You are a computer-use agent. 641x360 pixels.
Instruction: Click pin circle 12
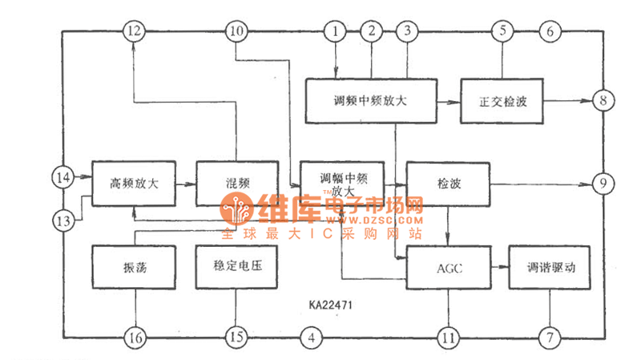coord(133,32)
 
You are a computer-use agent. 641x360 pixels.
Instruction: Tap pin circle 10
coord(236,32)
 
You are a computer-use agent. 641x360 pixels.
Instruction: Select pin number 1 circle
coord(334,32)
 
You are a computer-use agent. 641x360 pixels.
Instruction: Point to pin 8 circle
coord(602,101)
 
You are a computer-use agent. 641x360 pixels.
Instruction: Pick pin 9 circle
coord(602,184)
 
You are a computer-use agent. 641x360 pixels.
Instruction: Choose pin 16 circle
coord(134,338)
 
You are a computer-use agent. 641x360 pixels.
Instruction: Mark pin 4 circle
coord(312,338)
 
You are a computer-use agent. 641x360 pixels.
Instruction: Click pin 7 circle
coord(550,338)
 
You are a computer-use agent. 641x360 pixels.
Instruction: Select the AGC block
coord(446,267)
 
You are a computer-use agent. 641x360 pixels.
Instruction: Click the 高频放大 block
coord(134,184)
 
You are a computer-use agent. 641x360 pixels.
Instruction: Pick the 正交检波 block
coord(502,101)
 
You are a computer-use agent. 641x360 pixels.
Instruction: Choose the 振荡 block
coord(133,267)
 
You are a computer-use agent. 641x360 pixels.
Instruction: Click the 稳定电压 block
coord(236,267)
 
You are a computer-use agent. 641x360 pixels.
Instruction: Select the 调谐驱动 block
coord(549,267)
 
